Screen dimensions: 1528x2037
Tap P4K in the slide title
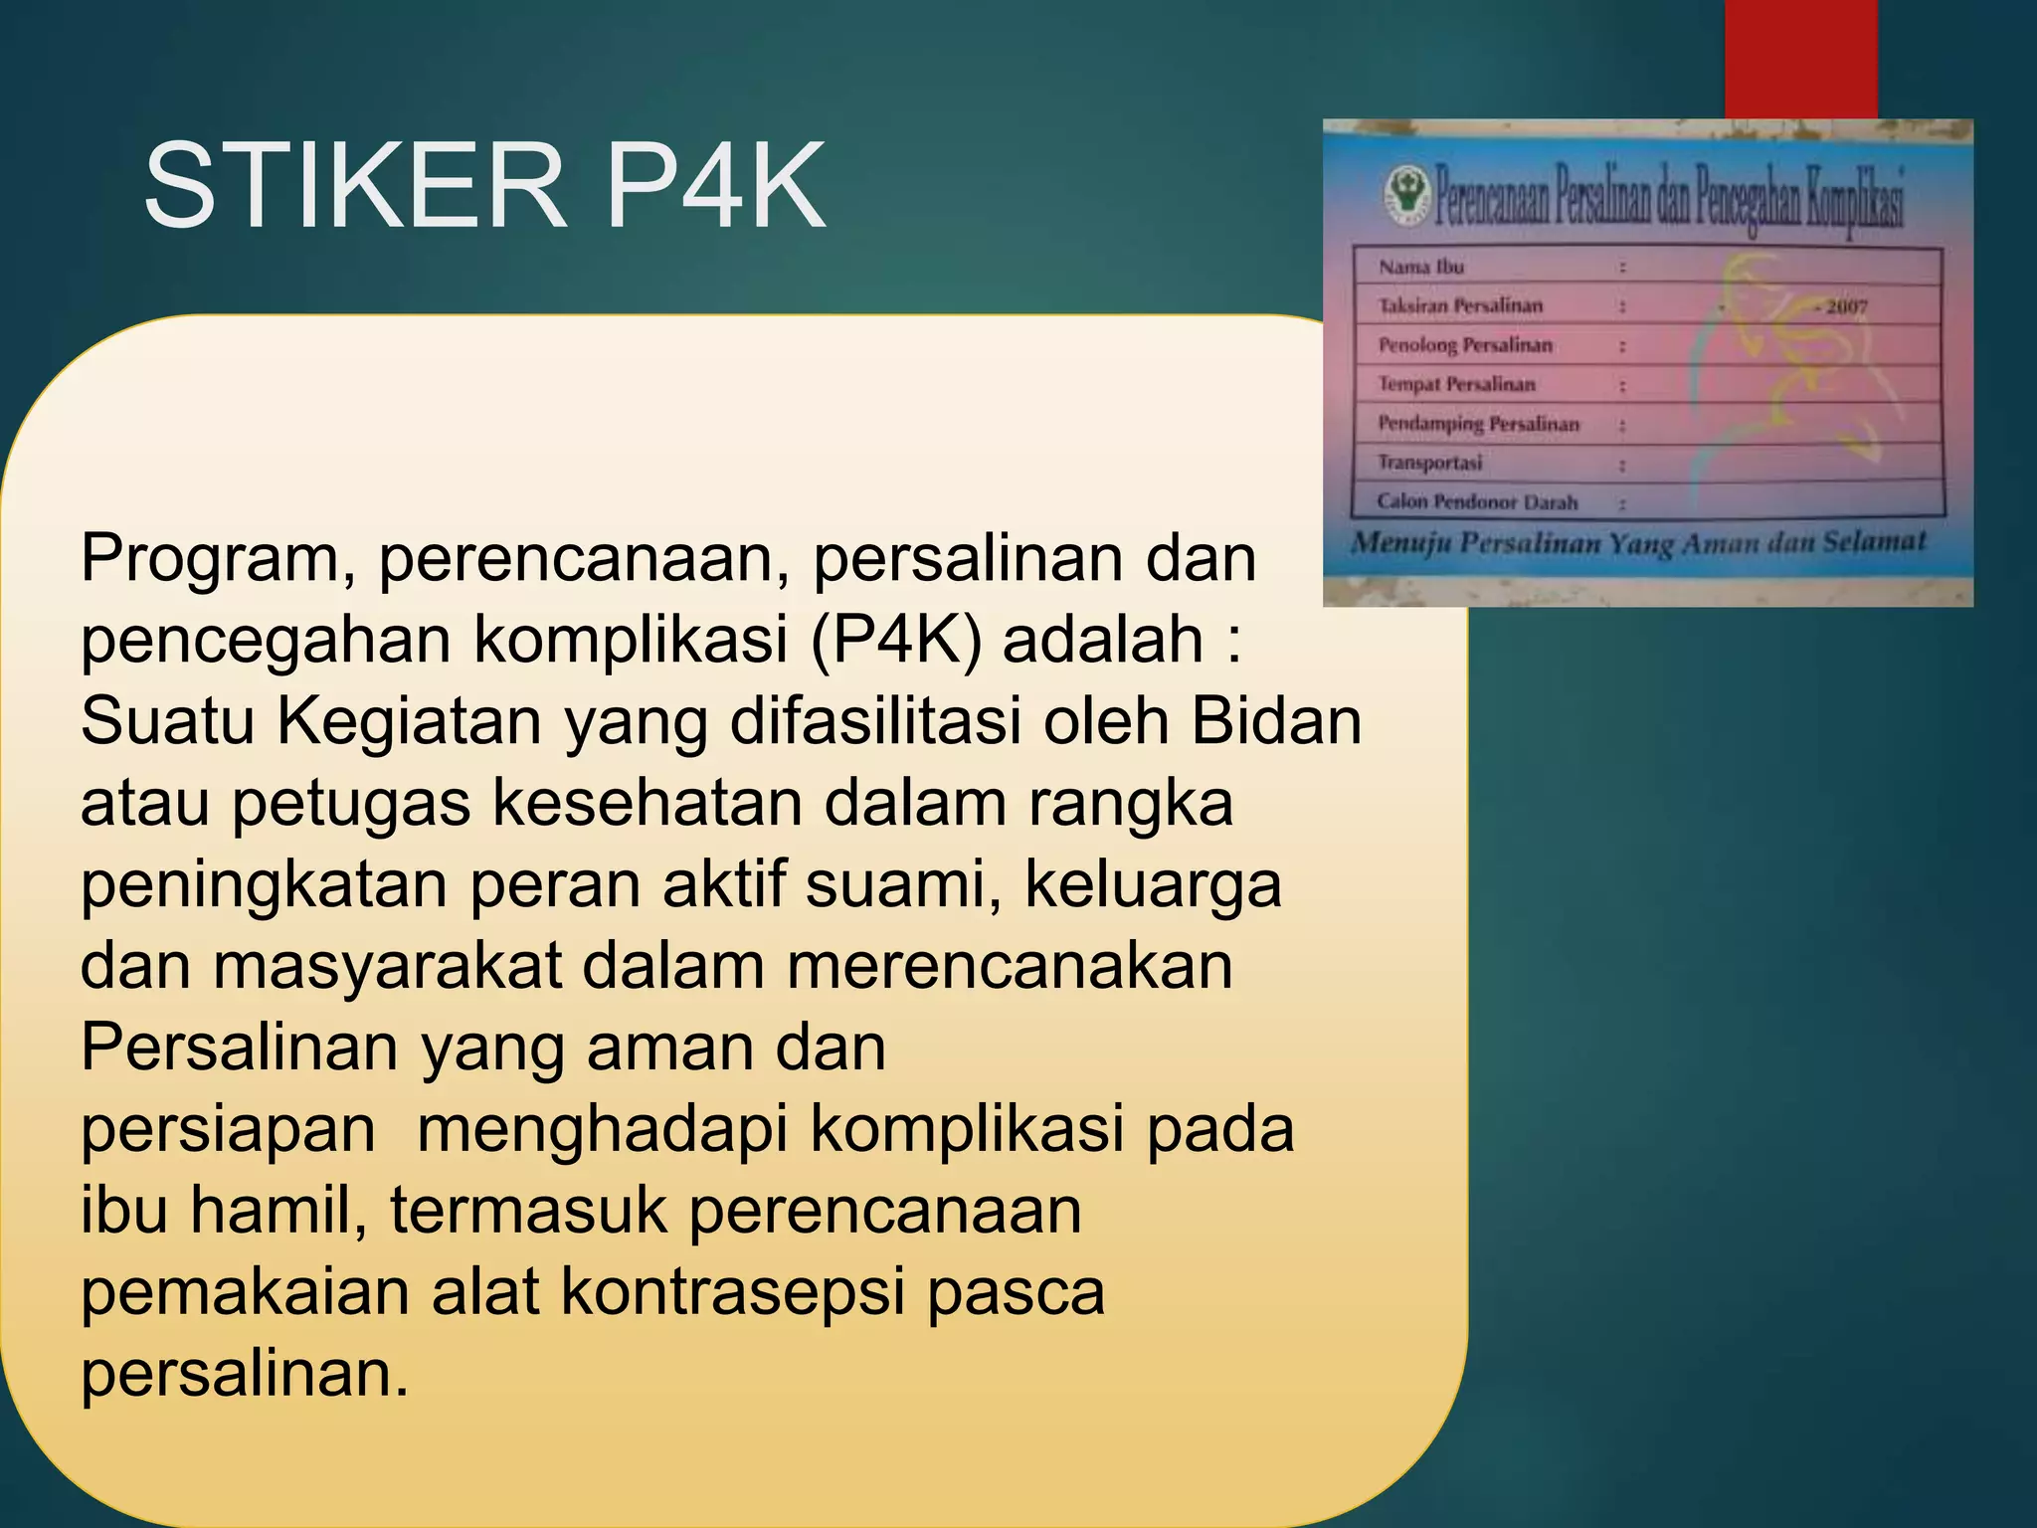(x=715, y=186)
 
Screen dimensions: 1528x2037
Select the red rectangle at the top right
(x=1800, y=58)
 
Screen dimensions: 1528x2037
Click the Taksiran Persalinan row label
(x=1460, y=305)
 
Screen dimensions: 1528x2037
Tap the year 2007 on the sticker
(x=1845, y=306)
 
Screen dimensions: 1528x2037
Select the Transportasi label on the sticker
(x=1429, y=463)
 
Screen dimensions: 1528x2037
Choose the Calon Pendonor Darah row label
(x=1477, y=501)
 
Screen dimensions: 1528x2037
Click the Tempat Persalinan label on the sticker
(x=1457, y=384)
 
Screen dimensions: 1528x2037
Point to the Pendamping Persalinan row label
(x=1478, y=424)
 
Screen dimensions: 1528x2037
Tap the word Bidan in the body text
(x=1276, y=722)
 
